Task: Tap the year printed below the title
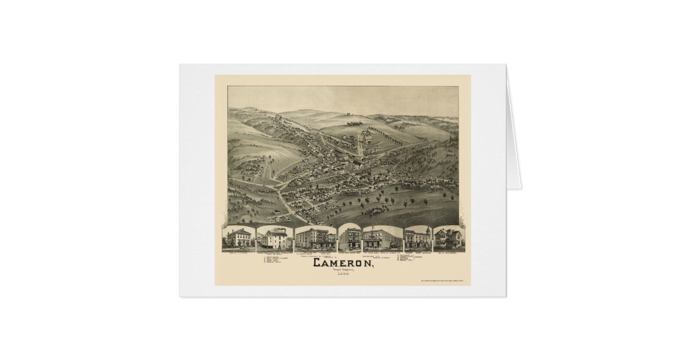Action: point(344,275)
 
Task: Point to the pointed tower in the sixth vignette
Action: point(425,231)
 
